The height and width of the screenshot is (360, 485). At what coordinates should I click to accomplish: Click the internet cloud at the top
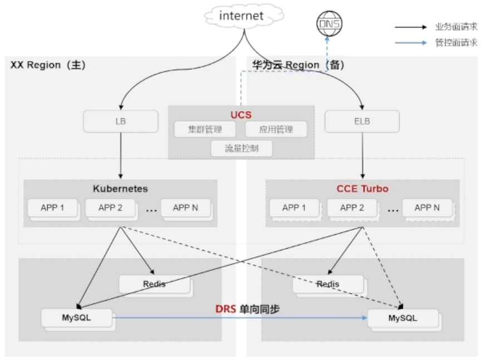click(x=244, y=16)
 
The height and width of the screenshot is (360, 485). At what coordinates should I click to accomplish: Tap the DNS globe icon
click(x=329, y=23)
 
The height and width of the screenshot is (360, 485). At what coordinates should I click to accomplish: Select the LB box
click(x=121, y=121)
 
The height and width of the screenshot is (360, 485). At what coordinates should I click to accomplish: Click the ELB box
click(x=362, y=121)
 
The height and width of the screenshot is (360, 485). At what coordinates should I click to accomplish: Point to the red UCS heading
click(x=241, y=115)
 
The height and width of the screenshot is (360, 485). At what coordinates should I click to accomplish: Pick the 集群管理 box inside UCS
click(x=205, y=129)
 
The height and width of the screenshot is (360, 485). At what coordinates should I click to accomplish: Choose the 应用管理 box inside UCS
click(x=276, y=129)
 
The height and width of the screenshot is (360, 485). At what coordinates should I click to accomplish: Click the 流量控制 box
click(x=241, y=148)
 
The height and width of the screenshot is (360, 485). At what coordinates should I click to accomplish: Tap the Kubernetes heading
click(x=120, y=189)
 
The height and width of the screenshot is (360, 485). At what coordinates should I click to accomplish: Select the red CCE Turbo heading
click(x=363, y=189)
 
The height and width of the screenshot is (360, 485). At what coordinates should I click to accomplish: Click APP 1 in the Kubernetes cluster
click(x=52, y=208)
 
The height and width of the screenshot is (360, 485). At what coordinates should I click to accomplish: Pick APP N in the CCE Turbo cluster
click(x=427, y=208)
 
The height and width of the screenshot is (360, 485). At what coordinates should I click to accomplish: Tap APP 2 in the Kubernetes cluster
click(x=110, y=208)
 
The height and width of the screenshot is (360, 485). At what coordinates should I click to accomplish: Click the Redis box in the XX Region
click(x=155, y=284)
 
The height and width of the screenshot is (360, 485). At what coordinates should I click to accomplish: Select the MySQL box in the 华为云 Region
click(x=403, y=318)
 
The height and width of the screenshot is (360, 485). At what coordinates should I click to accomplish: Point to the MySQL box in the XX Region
click(x=76, y=318)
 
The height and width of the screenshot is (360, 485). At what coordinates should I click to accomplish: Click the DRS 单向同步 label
click(x=248, y=309)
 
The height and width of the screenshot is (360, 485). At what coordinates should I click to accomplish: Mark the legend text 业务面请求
click(x=456, y=27)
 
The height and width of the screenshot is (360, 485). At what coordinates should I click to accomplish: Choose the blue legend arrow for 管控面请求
click(x=411, y=43)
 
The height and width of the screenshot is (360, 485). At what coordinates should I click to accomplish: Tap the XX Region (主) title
click(x=48, y=65)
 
